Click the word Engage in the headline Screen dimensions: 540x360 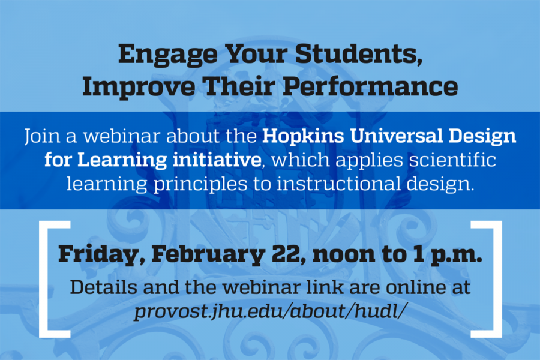[168, 55]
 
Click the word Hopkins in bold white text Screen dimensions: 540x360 [303, 136]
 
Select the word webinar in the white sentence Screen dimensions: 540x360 [122, 136]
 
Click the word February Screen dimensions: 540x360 [208, 255]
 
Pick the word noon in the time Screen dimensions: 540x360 [344, 255]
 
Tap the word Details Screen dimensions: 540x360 [103, 287]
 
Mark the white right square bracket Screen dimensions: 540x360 [497, 280]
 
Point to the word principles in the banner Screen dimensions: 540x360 [200, 184]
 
